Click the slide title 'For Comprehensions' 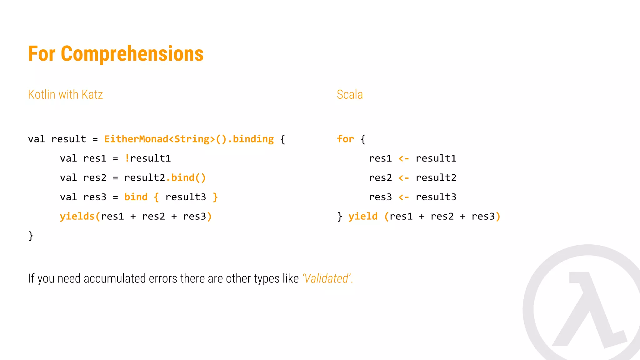click(x=116, y=54)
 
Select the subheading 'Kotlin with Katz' click(x=65, y=94)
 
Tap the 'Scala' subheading click(x=350, y=94)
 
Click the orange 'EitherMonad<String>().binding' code click(x=189, y=139)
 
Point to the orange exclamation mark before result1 click(x=127, y=158)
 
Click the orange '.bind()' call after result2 click(x=186, y=178)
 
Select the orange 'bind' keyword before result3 click(x=136, y=197)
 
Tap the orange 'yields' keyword click(x=77, y=217)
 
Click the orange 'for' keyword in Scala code click(x=345, y=139)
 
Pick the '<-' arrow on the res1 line click(x=403, y=159)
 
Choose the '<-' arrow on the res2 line click(x=403, y=178)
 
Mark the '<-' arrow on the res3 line click(x=403, y=197)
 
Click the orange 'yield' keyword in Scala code click(x=363, y=217)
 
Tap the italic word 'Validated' click(x=327, y=278)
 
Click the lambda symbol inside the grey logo click(x=589, y=309)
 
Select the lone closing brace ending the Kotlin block click(x=31, y=236)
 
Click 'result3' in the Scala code click(x=436, y=197)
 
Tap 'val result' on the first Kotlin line click(x=57, y=139)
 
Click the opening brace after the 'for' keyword click(x=363, y=139)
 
